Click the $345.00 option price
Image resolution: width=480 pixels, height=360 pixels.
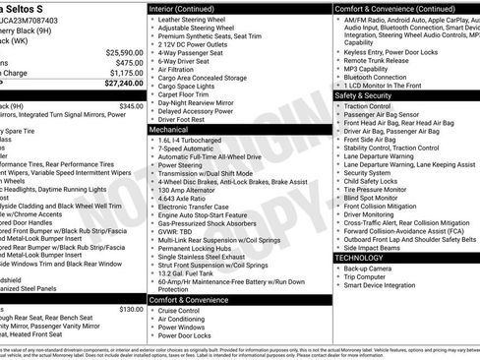pyautogui.click(x=130, y=105)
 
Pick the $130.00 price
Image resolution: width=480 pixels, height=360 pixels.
pyautogui.click(x=130, y=308)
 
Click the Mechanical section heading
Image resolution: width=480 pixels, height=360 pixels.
pyautogui.click(x=168, y=129)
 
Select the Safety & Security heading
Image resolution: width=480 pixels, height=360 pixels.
pyautogui.click(x=363, y=96)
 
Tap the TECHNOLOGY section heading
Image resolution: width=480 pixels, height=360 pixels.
pyautogui.click(x=359, y=258)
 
